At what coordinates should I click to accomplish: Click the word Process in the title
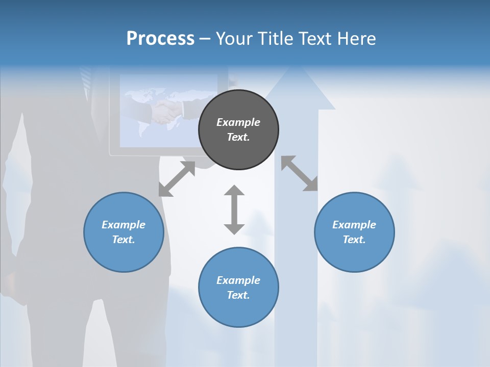(x=160, y=39)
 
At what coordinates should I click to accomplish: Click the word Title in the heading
(x=275, y=39)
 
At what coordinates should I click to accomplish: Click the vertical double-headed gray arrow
(x=234, y=209)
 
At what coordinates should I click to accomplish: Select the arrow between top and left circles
(x=177, y=179)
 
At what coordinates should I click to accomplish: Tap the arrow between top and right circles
(x=300, y=173)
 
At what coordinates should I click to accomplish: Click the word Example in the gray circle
(x=238, y=122)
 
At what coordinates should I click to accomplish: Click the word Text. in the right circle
(x=354, y=240)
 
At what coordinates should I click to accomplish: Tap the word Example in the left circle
(x=124, y=225)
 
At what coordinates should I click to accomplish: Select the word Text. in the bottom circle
(x=238, y=295)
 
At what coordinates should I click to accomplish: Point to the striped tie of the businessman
(x=86, y=79)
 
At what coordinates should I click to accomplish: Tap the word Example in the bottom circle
(x=238, y=280)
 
